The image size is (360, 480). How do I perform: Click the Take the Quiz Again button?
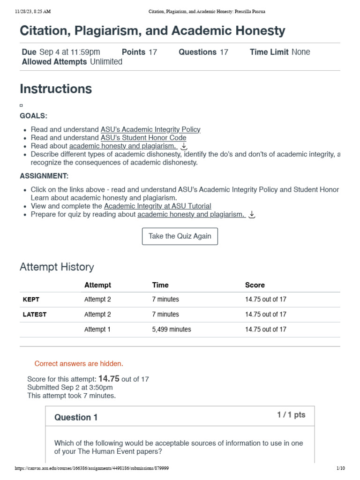point(180,236)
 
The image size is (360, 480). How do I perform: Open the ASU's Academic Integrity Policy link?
point(150,129)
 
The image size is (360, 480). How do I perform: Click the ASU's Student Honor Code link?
point(143,138)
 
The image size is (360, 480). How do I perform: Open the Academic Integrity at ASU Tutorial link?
point(157,206)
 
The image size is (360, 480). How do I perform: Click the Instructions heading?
point(56,89)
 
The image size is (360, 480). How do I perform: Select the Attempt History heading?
point(57,267)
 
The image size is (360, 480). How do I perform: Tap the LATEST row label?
point(35,314)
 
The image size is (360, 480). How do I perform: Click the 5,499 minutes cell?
point(172,329)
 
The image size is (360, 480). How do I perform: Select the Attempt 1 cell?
point(97,329)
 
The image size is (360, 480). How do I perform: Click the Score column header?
point(255,285)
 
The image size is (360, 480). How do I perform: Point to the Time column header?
point(160,285)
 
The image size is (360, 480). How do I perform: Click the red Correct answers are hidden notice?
point(79,364)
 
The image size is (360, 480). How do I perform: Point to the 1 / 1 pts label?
point(291,415)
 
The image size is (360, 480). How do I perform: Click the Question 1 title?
point(76,417)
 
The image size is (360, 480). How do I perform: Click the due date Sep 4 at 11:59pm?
point(69,52)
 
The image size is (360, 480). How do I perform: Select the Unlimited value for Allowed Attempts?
point(106,62)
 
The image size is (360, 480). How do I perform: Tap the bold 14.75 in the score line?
point(109,379)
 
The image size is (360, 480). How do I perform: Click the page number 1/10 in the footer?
point(340,468)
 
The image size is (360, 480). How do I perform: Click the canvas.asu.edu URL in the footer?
point(92,468)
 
